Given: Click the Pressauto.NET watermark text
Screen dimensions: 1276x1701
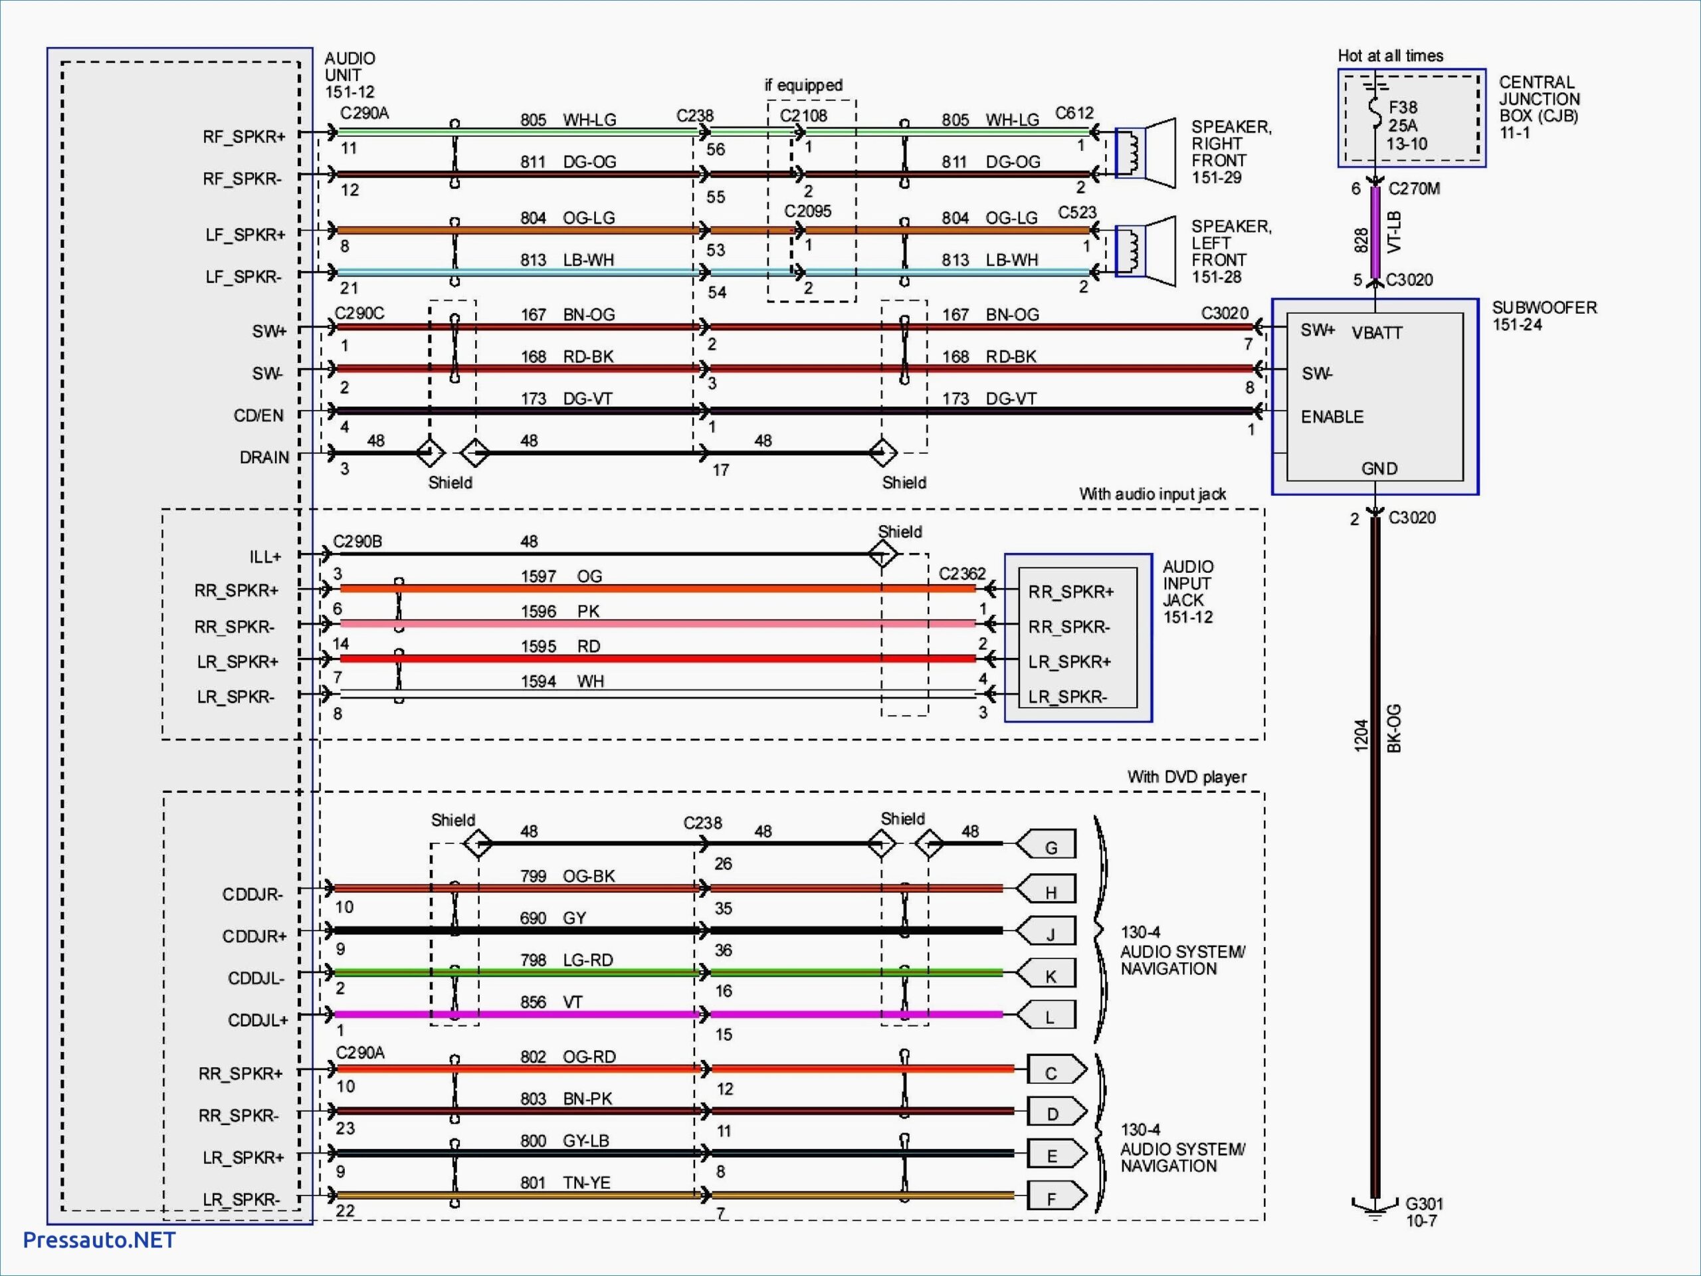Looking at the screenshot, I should tap(99, 1240).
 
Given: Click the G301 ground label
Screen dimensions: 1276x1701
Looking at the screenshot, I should tap(1423, 1212).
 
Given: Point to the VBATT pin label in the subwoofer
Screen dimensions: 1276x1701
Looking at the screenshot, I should tap(1377, 333).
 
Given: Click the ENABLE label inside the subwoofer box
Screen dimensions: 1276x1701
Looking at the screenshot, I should tap(1332, 417).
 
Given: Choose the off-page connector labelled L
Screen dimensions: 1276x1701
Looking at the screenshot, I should tap(1047, 1017).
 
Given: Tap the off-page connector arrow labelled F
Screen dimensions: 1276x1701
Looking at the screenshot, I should tap(1056, 1198).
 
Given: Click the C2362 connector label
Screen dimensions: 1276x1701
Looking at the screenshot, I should tap(961, 574).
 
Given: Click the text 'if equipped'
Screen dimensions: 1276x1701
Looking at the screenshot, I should tap(803, 85).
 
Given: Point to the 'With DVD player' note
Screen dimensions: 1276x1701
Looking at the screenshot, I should tap(1186, 777).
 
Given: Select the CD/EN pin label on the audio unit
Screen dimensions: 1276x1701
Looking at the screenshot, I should tap(258, 415).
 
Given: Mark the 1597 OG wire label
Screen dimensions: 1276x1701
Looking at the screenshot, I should tap(561, 576).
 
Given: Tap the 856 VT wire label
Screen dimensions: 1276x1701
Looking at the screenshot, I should tap(551, 1002).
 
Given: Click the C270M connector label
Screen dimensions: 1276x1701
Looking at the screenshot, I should tap(1413, 189).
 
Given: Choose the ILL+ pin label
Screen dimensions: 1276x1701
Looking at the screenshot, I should tap(264, 556).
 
